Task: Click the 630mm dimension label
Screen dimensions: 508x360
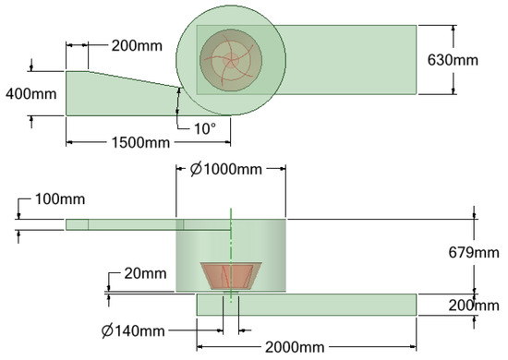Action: [453, 60]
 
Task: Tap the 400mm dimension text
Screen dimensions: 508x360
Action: [31, 94]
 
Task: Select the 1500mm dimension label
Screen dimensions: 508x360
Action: [140, 142]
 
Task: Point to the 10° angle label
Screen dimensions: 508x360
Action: [205, 128]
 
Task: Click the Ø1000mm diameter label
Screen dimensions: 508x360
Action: [226, 169]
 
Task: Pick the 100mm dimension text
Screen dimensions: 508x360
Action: [60, 199]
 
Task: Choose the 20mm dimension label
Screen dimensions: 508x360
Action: [145, 274]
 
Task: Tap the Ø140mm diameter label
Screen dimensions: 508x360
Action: [133, 330]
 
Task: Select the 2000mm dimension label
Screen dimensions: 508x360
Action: [295, 347]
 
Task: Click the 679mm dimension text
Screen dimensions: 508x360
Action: [474, 253]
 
